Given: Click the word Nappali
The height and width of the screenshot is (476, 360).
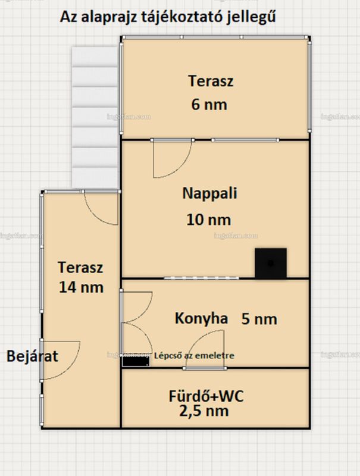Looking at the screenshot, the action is point(209,194).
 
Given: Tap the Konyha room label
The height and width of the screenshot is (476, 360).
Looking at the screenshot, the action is point(201,318).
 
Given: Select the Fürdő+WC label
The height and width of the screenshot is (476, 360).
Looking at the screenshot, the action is point(206,396).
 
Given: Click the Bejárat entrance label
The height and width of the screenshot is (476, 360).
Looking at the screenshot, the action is point(32,356).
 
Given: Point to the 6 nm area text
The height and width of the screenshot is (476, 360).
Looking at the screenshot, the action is point(209,105).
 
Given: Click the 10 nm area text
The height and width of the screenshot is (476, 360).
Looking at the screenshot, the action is point(208,220).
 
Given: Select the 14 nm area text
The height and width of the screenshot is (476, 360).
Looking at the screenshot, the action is point(81,287).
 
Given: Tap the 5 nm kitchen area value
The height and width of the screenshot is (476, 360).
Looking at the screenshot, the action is point(259,319).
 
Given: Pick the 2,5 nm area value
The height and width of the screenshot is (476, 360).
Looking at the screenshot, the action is point(204,411).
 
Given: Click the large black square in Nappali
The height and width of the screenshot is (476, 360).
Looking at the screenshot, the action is point(271,263).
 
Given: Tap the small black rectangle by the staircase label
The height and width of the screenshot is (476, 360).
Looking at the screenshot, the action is point(136,361).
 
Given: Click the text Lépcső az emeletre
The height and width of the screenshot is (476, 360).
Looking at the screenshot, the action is point(194,355).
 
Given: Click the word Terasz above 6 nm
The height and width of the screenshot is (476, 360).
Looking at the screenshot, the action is point(211,81).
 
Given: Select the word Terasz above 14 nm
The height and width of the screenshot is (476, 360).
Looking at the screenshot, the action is point(80,267).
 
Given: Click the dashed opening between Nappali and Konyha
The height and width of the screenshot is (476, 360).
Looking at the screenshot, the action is point(201,278).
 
